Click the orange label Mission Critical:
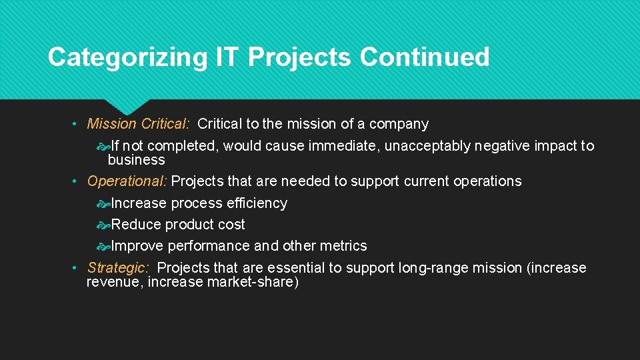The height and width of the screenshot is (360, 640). [x=139, y=124]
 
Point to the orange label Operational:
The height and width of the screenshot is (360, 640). [x=127, y=181]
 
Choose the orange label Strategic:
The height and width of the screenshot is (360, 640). [x=118, y=268]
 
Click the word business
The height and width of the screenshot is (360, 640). [x=136, y=160]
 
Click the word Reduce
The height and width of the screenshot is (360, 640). [x=136, y=225]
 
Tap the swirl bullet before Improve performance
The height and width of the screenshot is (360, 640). [x=103, y=246]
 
